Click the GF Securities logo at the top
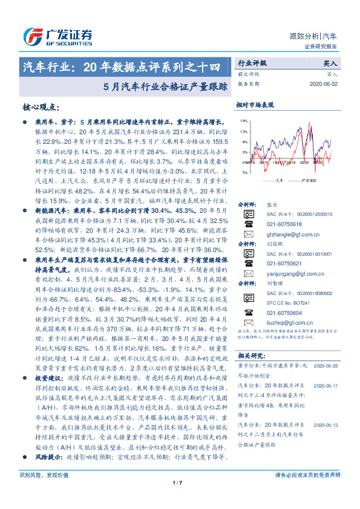tap(57, 34)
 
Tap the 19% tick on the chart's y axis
tap(244, 121)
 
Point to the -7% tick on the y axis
tap(244, 172)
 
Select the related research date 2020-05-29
tap(327, 349)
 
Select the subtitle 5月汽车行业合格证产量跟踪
tap(165, 86)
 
